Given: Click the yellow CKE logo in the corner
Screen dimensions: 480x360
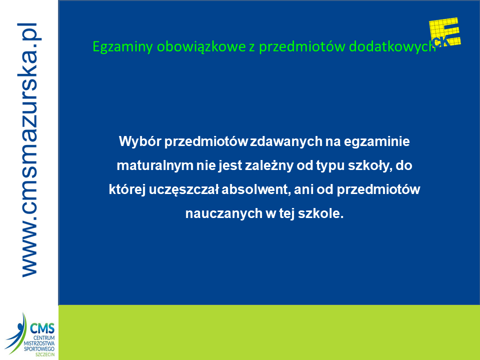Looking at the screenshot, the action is click(445, 32).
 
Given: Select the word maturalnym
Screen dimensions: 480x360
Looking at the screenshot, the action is click(155, 165).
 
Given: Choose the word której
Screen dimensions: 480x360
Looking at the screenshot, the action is click(127, 189).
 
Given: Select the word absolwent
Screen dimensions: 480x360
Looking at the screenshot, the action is click(256, 189).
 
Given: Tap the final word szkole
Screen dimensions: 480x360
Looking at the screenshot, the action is click(320, 213).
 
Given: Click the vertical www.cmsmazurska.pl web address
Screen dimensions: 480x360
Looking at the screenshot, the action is click(29, 150).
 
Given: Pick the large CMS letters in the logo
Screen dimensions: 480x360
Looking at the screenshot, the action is click(42, 328).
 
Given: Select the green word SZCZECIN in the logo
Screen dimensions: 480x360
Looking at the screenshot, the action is click(45, 354).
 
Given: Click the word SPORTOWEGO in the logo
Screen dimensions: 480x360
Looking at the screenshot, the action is click(39, 349).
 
